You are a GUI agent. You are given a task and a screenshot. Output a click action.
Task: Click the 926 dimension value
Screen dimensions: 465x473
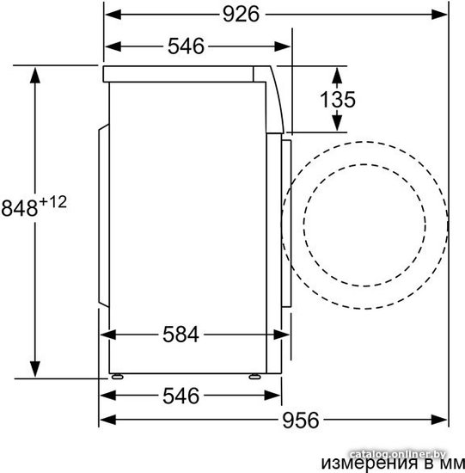click(241, 14)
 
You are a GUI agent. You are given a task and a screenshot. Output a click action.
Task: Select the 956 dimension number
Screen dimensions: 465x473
click(300, 421)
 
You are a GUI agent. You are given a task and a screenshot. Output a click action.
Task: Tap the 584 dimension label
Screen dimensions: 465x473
click(181, 335)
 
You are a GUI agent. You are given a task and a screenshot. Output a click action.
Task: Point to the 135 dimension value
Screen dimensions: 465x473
click(338, 100)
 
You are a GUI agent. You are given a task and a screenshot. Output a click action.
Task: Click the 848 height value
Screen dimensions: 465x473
click(20, 208)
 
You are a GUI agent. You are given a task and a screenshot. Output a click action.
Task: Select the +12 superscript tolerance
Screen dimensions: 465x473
click(53, 202)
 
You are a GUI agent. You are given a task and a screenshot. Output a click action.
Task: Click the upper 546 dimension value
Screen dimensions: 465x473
click(186, 46)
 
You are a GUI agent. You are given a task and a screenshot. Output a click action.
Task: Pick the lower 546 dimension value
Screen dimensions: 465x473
click(181, 396)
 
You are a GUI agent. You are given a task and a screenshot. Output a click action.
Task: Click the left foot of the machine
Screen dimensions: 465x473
click(117, 377)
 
